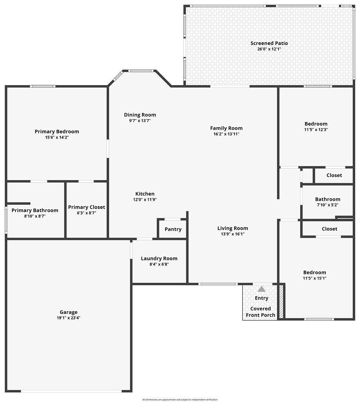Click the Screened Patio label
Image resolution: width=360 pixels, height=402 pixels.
pos(269,43)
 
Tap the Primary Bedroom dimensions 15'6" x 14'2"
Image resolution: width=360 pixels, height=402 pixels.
pos(57,138)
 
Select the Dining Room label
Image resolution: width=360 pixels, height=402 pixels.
pos(140,115)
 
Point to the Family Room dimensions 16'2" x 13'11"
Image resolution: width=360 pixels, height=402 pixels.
pos(226,134)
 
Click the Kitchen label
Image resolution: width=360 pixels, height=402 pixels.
pos(145,194)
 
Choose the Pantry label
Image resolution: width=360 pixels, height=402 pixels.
pos(173,229)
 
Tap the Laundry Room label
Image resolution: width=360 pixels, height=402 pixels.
pos(159,259)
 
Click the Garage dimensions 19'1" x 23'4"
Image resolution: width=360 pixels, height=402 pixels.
pos(68,318)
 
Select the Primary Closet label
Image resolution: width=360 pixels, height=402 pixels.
pos(86,207)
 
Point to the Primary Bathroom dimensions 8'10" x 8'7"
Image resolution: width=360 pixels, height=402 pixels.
pos(35,216)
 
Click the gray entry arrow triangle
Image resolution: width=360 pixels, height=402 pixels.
pos(262,289)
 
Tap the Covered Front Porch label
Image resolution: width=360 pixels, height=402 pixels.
pos(261,312)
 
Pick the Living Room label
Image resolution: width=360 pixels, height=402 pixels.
pos(232,228)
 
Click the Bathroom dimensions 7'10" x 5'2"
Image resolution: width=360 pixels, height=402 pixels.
pos(328,205)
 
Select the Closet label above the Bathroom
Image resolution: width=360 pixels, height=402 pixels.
pos(334,175)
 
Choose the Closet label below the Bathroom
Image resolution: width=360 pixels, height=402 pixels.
pos(329,229)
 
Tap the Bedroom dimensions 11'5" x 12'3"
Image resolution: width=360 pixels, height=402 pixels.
pos(316,129)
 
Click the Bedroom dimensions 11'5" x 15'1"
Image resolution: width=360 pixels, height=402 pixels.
pos(315,278)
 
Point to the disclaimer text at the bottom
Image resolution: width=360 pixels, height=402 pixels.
pos(180,400)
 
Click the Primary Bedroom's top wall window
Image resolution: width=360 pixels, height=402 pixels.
pos(43,86)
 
